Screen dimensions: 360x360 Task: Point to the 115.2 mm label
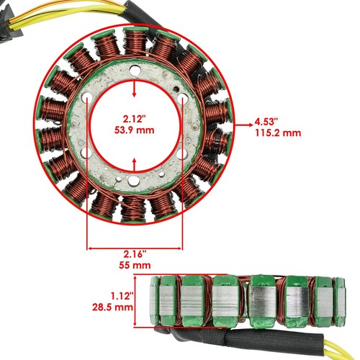[x=277, y=133]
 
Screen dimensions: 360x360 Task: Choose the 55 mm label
[x=135, y=266]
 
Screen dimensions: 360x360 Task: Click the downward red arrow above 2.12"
[x=135, y=89]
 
